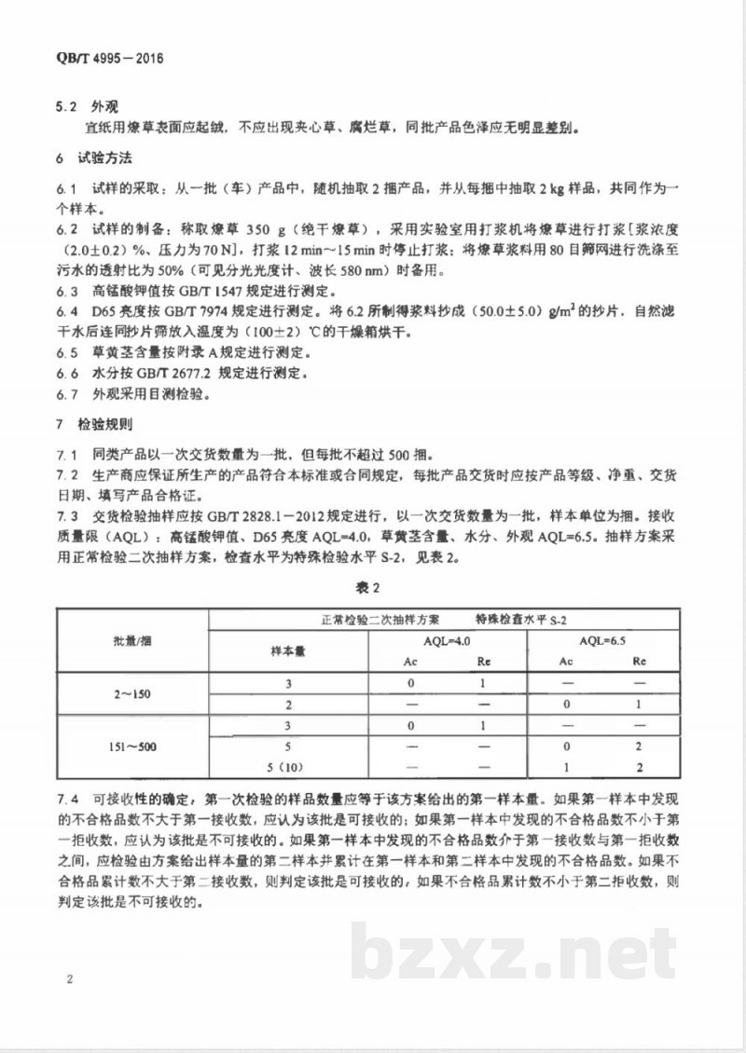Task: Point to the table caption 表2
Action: [372, 587]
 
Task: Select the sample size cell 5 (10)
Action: [288, 770]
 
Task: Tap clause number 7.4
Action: [66, 799]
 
